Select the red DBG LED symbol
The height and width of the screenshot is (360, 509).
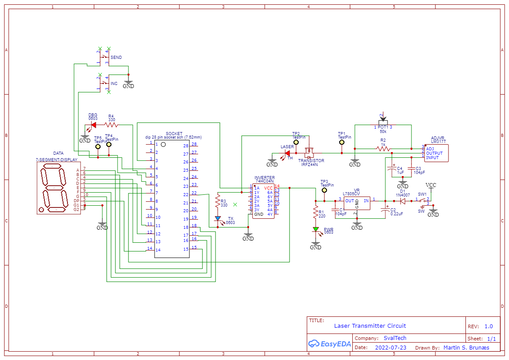93,125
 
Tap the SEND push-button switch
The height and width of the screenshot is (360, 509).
104,57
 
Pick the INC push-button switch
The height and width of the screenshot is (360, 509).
104,83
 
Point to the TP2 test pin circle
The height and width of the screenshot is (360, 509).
296,142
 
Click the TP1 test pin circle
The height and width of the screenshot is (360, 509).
342,142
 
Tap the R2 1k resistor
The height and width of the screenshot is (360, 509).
383,149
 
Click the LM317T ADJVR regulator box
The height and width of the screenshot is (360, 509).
436,153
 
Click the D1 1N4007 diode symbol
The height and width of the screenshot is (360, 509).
403,201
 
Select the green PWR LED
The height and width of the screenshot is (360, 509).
316,229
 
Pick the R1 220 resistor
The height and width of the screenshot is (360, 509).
316,213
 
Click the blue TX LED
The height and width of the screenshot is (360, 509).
218,219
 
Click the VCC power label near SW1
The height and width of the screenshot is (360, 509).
431,185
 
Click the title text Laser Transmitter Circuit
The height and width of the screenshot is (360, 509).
370,326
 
